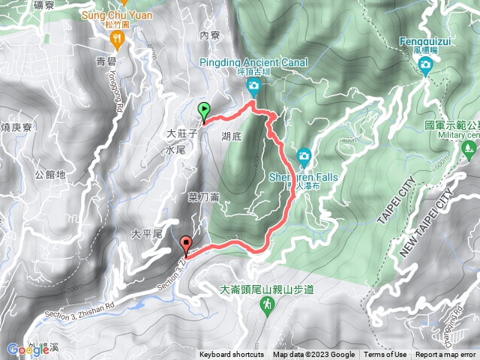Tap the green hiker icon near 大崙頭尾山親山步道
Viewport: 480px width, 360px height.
(x=266, y=304)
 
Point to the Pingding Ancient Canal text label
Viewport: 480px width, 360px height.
(x=253, y=63)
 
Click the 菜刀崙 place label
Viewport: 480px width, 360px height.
(x=203, y=197)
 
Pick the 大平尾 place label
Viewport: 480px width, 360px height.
(x=147, y=235)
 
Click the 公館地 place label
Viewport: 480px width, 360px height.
(x=50, y=175)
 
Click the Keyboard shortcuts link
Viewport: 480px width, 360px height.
(x=232, y=355)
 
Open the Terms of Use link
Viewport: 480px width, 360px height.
(x=385, y=355)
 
